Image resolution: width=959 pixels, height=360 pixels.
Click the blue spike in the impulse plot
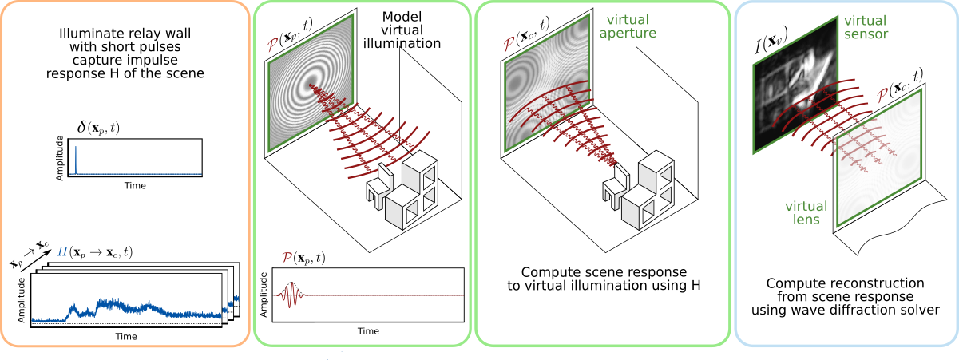(75, 160)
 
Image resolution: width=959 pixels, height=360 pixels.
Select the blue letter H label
(62, 252)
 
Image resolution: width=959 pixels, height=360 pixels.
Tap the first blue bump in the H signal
(74, 307)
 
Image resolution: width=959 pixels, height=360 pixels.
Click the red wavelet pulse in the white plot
(291, 295)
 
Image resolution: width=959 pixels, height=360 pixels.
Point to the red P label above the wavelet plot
(287, 258)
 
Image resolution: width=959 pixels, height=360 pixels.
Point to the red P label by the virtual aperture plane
(508, 44)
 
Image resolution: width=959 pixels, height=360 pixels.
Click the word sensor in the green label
(867, 34)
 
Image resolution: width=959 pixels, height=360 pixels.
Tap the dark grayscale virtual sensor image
(795, 88)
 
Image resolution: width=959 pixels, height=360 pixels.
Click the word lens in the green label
(806, 219)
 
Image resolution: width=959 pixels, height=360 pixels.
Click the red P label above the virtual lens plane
(882, 96)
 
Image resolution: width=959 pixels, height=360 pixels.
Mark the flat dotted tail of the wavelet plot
(383, 295)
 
